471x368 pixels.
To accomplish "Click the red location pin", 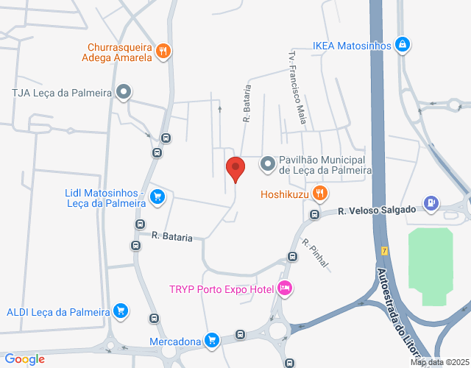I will pos(235,169).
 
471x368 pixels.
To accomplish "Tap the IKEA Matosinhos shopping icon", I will pos(402,46).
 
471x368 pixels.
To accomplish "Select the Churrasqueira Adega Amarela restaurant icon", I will pos(163,52).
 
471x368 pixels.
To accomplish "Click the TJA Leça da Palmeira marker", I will pos(124,93).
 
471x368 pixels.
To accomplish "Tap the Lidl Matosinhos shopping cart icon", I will pos(157,197).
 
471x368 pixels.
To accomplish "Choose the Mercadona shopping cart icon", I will pos(212,340).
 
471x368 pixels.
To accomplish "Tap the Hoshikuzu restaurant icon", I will pos(319,194).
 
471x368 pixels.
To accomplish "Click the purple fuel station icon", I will pos(431,202).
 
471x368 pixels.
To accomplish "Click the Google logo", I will pos(24,359).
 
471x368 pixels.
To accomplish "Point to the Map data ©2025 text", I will pos(439,362).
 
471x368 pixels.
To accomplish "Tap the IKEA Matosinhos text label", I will pos(352,46).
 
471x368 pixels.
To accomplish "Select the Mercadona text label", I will pos(175,342).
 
